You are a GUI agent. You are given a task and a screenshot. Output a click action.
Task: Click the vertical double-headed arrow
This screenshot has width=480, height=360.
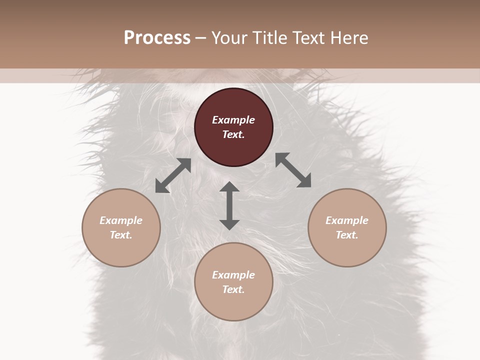[229, 205]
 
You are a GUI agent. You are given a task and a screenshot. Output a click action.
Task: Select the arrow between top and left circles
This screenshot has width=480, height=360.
[173, 175]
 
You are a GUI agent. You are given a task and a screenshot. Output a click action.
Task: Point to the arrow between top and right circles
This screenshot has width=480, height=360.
[293, 170]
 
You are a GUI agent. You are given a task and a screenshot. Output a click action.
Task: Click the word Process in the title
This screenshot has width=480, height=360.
[157, 37]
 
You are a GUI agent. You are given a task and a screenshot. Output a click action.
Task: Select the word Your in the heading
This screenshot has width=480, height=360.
[226, 37]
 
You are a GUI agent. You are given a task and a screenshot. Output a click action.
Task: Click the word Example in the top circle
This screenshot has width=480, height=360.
[233, 120]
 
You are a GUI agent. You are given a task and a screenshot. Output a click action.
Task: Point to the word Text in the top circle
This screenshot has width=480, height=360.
[233, 134]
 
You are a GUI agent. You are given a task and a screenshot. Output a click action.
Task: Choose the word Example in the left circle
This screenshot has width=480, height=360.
[121, 220]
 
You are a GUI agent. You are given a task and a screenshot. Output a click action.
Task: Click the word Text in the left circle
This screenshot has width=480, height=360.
[121, 235]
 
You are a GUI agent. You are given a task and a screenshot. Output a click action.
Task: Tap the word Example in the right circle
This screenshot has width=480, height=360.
[347, 220]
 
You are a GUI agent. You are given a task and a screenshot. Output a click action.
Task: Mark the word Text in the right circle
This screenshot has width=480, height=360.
[347, 235]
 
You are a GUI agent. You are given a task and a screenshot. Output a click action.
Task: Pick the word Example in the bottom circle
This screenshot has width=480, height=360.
[233, 275]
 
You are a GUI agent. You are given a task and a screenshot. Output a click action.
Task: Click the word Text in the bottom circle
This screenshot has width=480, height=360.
[233, 289]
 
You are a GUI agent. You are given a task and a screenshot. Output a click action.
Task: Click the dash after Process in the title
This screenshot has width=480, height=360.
[201, 38]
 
